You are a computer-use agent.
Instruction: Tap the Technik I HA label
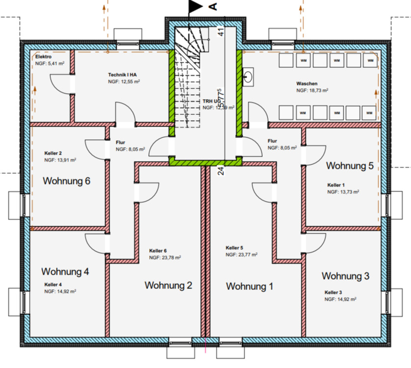[x=122, y=75]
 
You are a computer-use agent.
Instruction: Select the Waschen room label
[x=306, y=83]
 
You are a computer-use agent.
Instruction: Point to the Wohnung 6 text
[x=67, y=181]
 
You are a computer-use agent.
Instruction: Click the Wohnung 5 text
[x=350, y=165]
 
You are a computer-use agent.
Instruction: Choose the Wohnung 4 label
[x=65, y=271]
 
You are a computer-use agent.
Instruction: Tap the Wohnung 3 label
[x=345, y=276]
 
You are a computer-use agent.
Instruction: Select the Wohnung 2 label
[x=168, y=285]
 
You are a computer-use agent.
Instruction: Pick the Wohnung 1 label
[x=249, y=286]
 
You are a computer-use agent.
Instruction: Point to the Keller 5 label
[x=235, y=248]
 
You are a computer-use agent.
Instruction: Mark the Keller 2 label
[x=53, y=154]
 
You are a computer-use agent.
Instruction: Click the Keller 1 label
[x=336, y=185]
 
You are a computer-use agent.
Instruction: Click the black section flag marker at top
[x=195, y=6]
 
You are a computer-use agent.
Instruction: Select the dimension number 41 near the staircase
[x=221, y=31]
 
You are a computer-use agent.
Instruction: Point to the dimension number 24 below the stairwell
[x=221, y=170]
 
